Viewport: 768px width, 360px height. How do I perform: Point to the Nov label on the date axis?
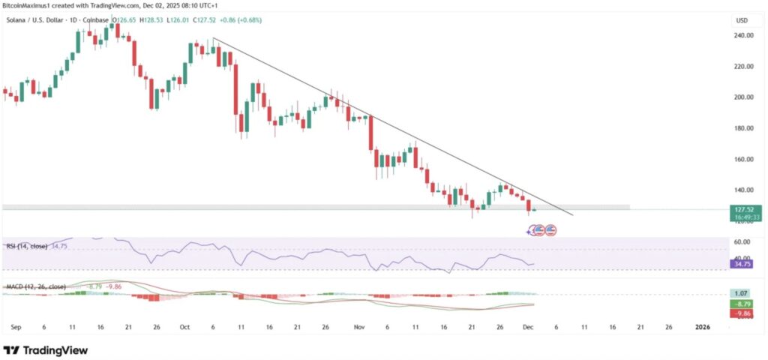[x=358, y=328]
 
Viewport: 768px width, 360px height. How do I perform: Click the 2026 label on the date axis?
[x=703, y=328]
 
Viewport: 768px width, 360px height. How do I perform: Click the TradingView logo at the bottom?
[x=46, y=350]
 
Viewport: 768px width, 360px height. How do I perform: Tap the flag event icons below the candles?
[x=542, y=229]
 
